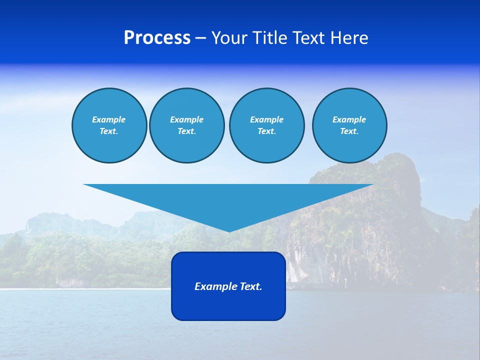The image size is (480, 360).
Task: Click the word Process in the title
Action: (x=157, y=38)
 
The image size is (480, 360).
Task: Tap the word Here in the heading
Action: (x=348, y=38)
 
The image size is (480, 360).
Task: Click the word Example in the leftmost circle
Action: (x=109, y=119)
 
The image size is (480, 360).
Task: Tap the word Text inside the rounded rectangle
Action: (x=250, y=286)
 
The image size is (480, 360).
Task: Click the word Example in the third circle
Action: (x=266, y=119)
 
